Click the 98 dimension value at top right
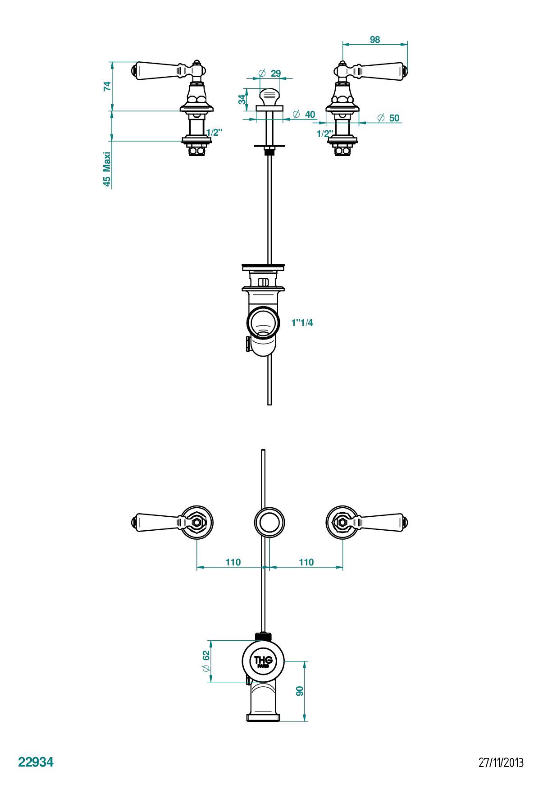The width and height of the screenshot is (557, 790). (374, 40)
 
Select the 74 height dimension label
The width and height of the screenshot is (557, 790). (107, 86)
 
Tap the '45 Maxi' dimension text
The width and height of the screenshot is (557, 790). (107, 169)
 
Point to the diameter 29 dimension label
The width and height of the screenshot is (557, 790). (270, 73)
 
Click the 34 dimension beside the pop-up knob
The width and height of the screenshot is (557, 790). (242, 99)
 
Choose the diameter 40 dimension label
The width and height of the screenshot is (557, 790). (304, 115)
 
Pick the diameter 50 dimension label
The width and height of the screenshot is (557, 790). (388, 118)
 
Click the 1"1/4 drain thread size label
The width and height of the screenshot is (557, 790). (302, 323)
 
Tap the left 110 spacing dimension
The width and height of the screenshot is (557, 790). (233, 562)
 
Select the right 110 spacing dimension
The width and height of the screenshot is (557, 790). (306, 562)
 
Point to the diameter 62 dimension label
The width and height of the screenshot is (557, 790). (206, 661)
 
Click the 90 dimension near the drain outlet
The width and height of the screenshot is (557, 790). (300, 691)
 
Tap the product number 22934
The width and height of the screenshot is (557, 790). (36, 762)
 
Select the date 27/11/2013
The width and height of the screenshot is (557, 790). (501, 762)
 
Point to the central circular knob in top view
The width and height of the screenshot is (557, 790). (269, 522)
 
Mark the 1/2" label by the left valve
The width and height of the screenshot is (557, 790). (215, 132)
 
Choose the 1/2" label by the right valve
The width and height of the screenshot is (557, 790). (324, 134)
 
